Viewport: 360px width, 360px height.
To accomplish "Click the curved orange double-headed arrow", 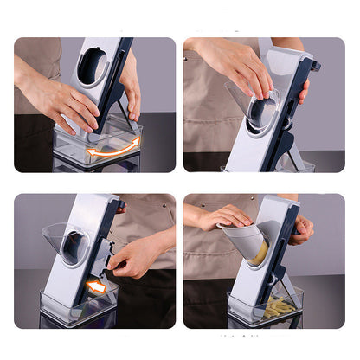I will point(113,148).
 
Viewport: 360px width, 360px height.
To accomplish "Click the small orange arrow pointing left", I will point(98,286).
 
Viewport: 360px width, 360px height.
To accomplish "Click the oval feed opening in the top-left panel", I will point(92,67).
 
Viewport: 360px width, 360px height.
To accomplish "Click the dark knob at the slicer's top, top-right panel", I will point(314,65).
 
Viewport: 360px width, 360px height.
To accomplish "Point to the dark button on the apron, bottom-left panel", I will point(122,208).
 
